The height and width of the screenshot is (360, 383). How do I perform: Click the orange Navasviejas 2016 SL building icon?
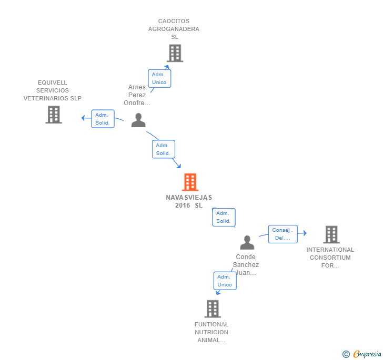(190, 182)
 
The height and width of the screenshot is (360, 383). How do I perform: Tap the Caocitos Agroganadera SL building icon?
(175, 53)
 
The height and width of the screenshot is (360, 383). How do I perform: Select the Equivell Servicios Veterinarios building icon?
(53, 115)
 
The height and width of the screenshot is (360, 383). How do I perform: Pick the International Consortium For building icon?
(331, 234)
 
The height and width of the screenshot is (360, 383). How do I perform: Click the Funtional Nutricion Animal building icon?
(212, 309)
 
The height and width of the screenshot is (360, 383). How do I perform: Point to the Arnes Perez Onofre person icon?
(138, 120)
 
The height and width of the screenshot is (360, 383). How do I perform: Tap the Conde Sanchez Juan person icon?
(247, 242)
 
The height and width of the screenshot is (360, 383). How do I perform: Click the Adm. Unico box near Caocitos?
(159, 78)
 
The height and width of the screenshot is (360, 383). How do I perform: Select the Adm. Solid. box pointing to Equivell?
(102, 119)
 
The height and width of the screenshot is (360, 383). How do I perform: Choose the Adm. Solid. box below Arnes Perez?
(163, 149)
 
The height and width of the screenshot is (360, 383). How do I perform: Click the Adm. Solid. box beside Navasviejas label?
(224, 217)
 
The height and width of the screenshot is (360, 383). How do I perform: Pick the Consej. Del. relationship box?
(283, 234)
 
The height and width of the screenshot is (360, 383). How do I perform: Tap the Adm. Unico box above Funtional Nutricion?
(225, 281)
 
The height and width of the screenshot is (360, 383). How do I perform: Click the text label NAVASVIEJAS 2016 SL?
(189, 201)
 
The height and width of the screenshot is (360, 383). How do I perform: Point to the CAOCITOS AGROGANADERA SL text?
(174, 29)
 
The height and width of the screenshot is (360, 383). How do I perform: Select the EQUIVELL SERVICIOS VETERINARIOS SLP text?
(53, 90)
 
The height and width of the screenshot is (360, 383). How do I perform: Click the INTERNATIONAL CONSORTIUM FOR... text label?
(330, 258)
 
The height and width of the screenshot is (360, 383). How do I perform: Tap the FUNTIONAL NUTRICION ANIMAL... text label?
(211, 332)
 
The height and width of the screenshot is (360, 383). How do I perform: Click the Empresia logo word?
(367, 354)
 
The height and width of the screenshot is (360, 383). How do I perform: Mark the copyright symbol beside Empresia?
(346, 354)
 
